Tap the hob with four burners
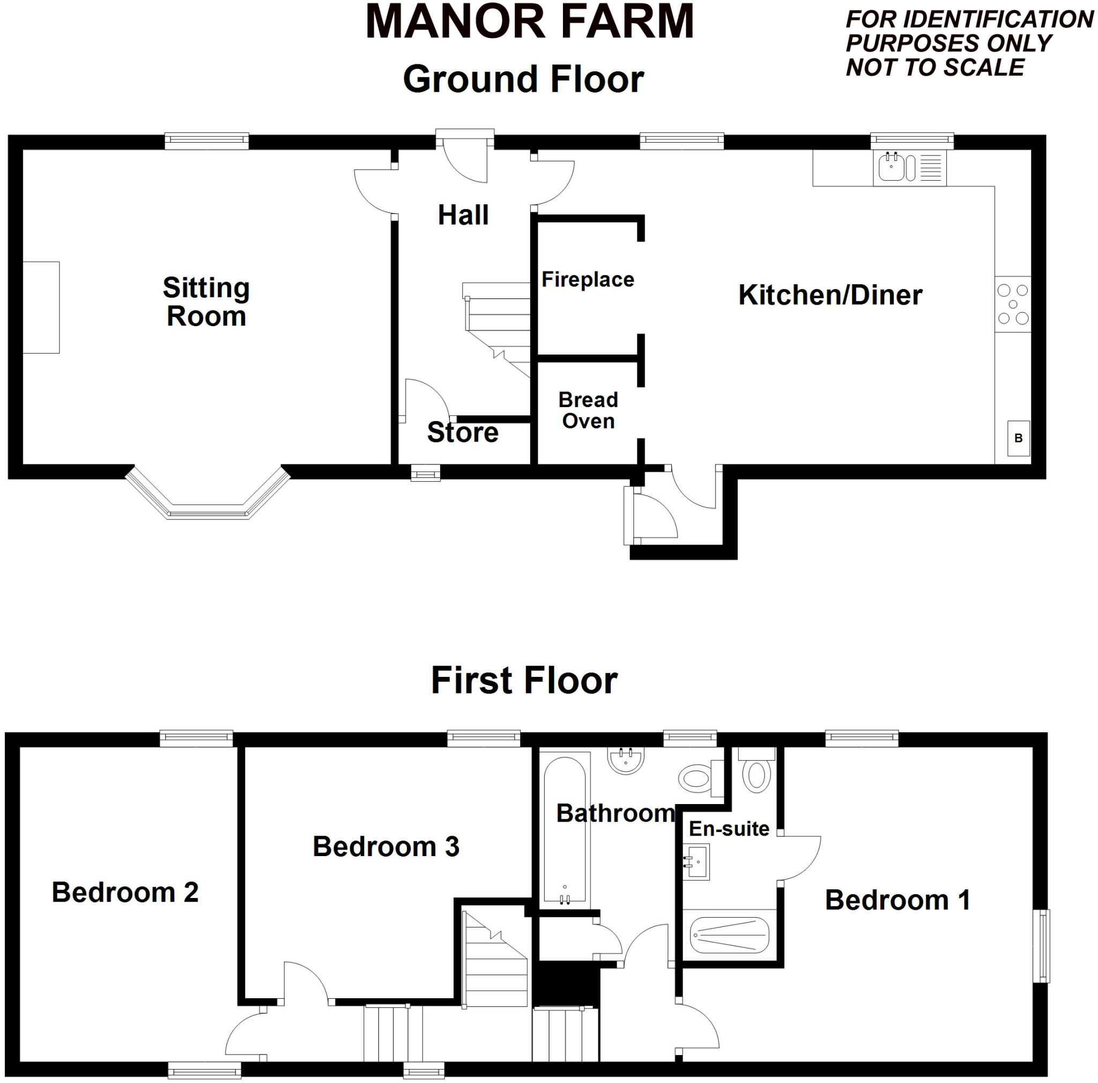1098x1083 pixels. pyautogui.click(x=1012, y=304)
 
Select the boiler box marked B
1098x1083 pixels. pyautogui.click(x=1018, y=438)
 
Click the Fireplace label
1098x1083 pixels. pyautogui.click(x=588, y=279)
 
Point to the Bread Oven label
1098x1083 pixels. pyautogui.click(x=588, y=410)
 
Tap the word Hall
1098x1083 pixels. pyautogui.click(x=463, y=215)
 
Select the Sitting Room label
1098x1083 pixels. pyautogui.click(x=206, y=301)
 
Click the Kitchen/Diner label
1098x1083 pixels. pyautogui.click(x=830, y=294)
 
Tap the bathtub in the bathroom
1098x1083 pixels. pyautogui.click(x=565, y=830)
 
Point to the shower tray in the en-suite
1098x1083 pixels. pyautogui.click(x=729, y=935)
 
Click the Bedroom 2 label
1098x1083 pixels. pyautogui.click(x=125, y=892)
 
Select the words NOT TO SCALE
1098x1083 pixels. pyautogui.click(x=935, y=67)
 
